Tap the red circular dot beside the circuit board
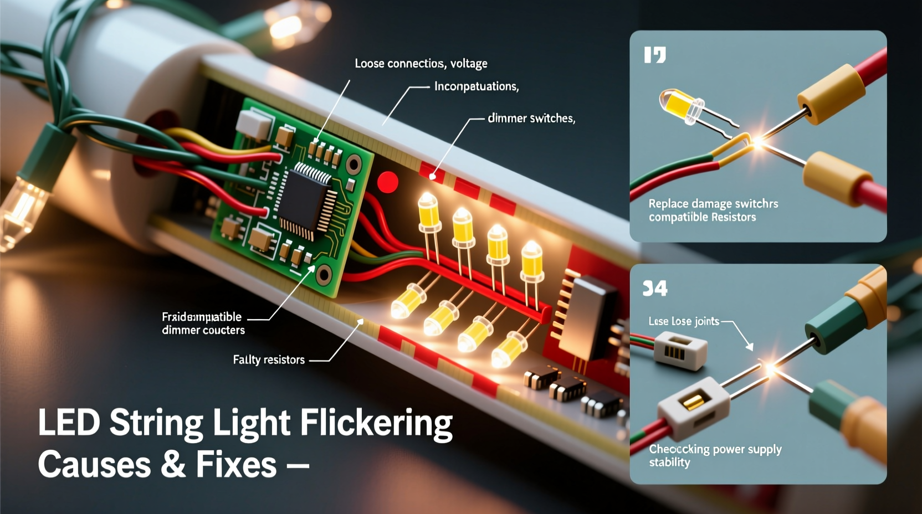click(387, 182)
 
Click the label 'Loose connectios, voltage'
click(421, 64)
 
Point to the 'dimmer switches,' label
click(531, 118)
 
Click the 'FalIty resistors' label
click(269, 360)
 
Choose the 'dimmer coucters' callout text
click(203, 330)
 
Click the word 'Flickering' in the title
click(377, 424)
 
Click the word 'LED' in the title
click(69, 423)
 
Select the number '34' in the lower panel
click(655, 289)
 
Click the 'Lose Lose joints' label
click(684, 321)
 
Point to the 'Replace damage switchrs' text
click(713, 204)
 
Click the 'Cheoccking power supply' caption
click(715, 449)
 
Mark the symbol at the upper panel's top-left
click(655, 55)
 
